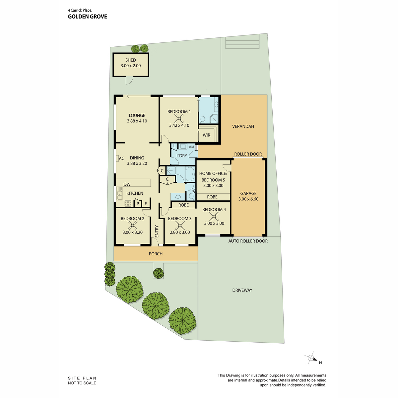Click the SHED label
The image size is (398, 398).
[131, 60]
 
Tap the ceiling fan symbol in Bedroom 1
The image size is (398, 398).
[179, 118]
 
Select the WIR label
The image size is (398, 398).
[206, 135]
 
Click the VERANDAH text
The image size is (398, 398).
[243, 126]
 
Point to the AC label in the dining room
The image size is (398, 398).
[121, 159]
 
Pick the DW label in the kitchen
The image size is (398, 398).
[127, 184]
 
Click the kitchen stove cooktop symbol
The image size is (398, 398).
[128, 203]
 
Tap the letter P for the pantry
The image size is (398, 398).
[138, 204]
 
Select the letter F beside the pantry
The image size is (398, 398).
[146, 204]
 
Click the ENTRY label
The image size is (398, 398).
[157, 231]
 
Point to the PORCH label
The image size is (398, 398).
[156, 254]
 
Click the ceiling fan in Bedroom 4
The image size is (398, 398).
[214, 216]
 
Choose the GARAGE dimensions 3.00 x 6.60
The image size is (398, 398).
[248, 199]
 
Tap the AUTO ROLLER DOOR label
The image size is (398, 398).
[248, 241]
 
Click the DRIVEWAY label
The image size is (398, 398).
[242, 290]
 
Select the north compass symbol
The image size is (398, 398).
[311, 358]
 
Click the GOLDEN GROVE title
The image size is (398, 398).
[87, 17]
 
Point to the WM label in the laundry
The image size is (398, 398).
[191, 147]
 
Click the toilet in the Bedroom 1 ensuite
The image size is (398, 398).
[202, 119]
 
